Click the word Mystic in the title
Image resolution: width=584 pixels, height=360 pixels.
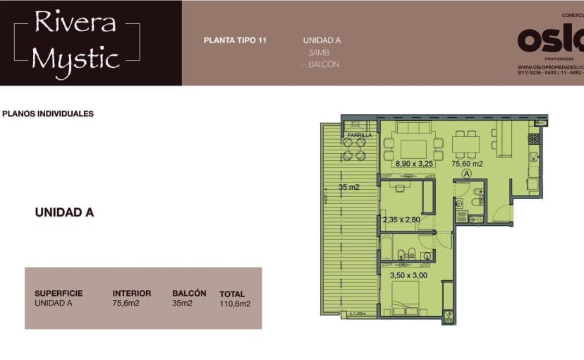click(75, 58)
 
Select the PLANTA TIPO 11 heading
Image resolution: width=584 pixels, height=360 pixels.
click(235, 40)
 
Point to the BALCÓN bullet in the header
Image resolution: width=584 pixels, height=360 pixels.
click(323, 65)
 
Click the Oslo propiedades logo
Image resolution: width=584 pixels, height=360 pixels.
click(550, 41)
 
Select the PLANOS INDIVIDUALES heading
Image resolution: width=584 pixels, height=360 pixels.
click(48, 114)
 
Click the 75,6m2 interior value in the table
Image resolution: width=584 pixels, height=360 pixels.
click(127, 304)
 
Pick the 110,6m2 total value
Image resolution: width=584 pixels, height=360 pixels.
click(235, 304)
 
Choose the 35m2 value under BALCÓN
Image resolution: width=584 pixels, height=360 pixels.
click(182, 304)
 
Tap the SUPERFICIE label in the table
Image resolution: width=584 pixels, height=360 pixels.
click(59, 294)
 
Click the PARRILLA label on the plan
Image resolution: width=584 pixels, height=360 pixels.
click(359, 135)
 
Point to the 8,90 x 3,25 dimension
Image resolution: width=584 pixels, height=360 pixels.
click(415, 164)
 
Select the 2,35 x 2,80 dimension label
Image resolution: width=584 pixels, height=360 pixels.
click(401, 220)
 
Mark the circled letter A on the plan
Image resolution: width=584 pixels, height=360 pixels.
click(466, 172)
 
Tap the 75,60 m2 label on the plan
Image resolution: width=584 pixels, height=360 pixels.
click(466, 164)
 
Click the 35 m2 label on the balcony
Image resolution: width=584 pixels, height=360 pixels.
click(348, 188)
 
